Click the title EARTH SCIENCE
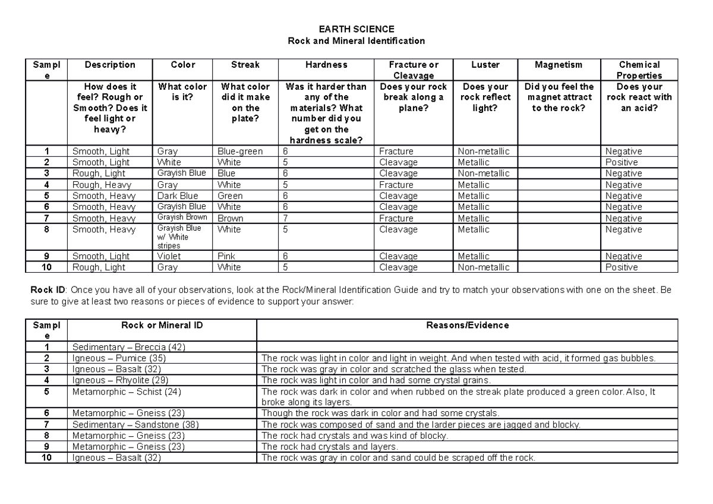pos(356,29)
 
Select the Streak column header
pos(245,65)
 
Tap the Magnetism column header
pos(558,65)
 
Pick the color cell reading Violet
pos(169,256)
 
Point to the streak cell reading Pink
pos(226,256)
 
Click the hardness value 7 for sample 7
pos(286,218)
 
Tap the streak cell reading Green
pos(230,196)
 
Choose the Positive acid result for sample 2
pos(621,162)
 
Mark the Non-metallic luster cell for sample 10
pos(484,267)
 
